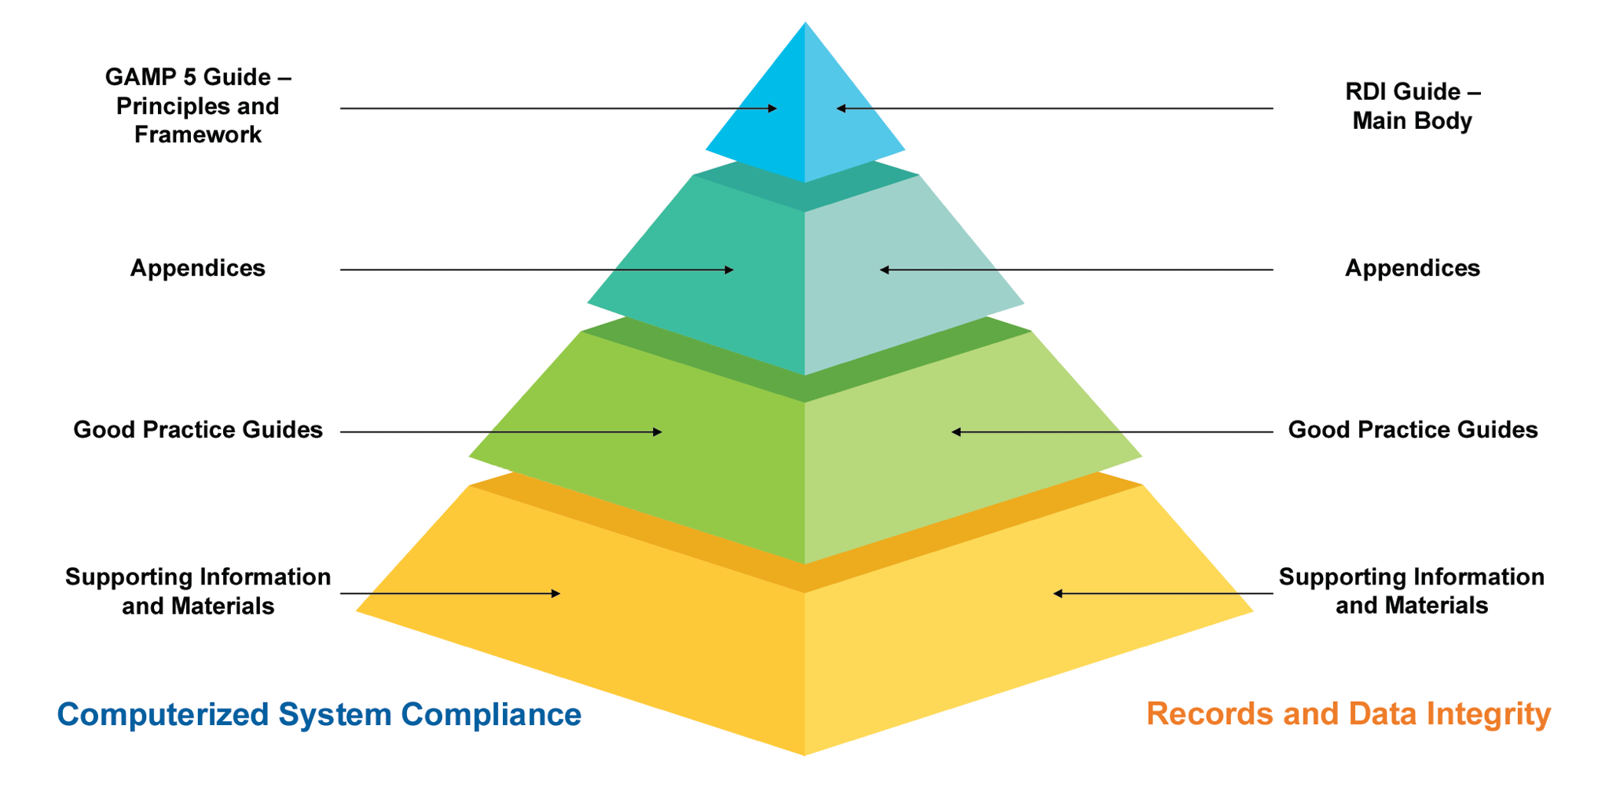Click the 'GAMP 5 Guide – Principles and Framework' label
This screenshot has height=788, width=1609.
[198, 106]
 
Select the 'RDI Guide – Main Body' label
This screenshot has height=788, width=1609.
[1412, 106]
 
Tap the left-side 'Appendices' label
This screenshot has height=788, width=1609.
[198, 269]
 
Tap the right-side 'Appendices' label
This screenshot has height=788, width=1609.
[1412, 269]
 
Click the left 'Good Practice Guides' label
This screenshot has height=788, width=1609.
[198, 430]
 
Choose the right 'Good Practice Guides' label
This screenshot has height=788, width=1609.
[1413, 430]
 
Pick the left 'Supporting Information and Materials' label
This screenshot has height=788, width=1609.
[198, 592]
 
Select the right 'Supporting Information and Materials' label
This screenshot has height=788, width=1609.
[1411, 591]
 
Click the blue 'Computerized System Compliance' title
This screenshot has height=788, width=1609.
[319, 715]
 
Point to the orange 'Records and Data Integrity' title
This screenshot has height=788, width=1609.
[1348, 714]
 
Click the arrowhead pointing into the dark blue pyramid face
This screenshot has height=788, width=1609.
[772, 108]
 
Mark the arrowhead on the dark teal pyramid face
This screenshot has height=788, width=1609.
[728, 270]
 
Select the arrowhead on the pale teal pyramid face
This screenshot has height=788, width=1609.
[885, 270]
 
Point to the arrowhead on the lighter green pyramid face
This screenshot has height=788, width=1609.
[956, 432]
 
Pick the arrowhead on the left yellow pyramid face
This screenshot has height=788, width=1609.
[555, 594]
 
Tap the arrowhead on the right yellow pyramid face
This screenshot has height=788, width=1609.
[1058, 594]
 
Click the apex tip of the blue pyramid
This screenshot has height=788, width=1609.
[805, 24]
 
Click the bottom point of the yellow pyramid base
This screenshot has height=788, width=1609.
[804, 754]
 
